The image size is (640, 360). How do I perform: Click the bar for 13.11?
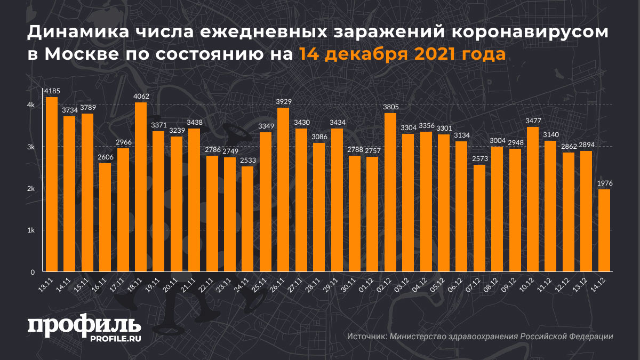(51, 184)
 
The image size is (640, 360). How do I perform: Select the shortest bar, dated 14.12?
(604, 230)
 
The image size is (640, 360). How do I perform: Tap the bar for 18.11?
(140, 187)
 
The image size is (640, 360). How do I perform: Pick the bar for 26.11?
(283, 189)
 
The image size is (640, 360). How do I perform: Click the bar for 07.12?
(479, 218)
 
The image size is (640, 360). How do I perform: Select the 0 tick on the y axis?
(33, 272)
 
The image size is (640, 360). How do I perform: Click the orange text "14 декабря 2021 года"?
(402, 54)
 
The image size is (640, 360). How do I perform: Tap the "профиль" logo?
(84, 326)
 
